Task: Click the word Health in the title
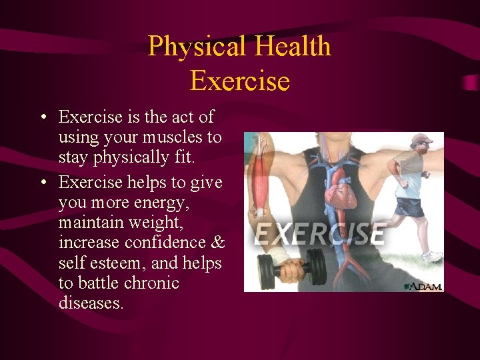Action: point(293,47)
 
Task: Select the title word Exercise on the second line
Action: point(239,81)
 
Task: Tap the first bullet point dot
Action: point(42,117)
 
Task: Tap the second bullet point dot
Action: point(42,182)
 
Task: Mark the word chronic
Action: point(151,283)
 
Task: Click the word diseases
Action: point(91,303)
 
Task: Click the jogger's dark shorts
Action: point(409,207)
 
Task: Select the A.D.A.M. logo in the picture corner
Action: point(423,286)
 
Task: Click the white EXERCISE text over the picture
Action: point(320,234)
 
